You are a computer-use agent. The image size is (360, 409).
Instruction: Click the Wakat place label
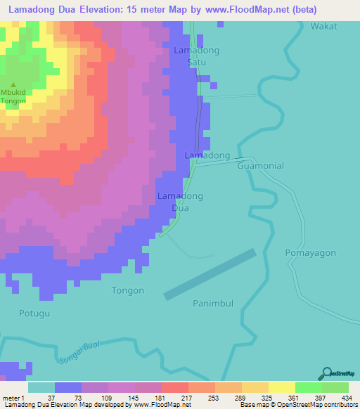(324, 26)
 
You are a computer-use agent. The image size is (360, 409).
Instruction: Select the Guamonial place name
(261, 166)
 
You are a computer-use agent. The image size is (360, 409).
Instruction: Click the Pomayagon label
(311, 252)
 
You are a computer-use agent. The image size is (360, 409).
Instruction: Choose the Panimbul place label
(212, 303)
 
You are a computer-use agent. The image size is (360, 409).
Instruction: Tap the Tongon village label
(128, 290)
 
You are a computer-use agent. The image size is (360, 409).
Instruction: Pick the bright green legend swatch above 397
(309, 387)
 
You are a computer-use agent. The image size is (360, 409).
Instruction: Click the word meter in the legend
(11, 398)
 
